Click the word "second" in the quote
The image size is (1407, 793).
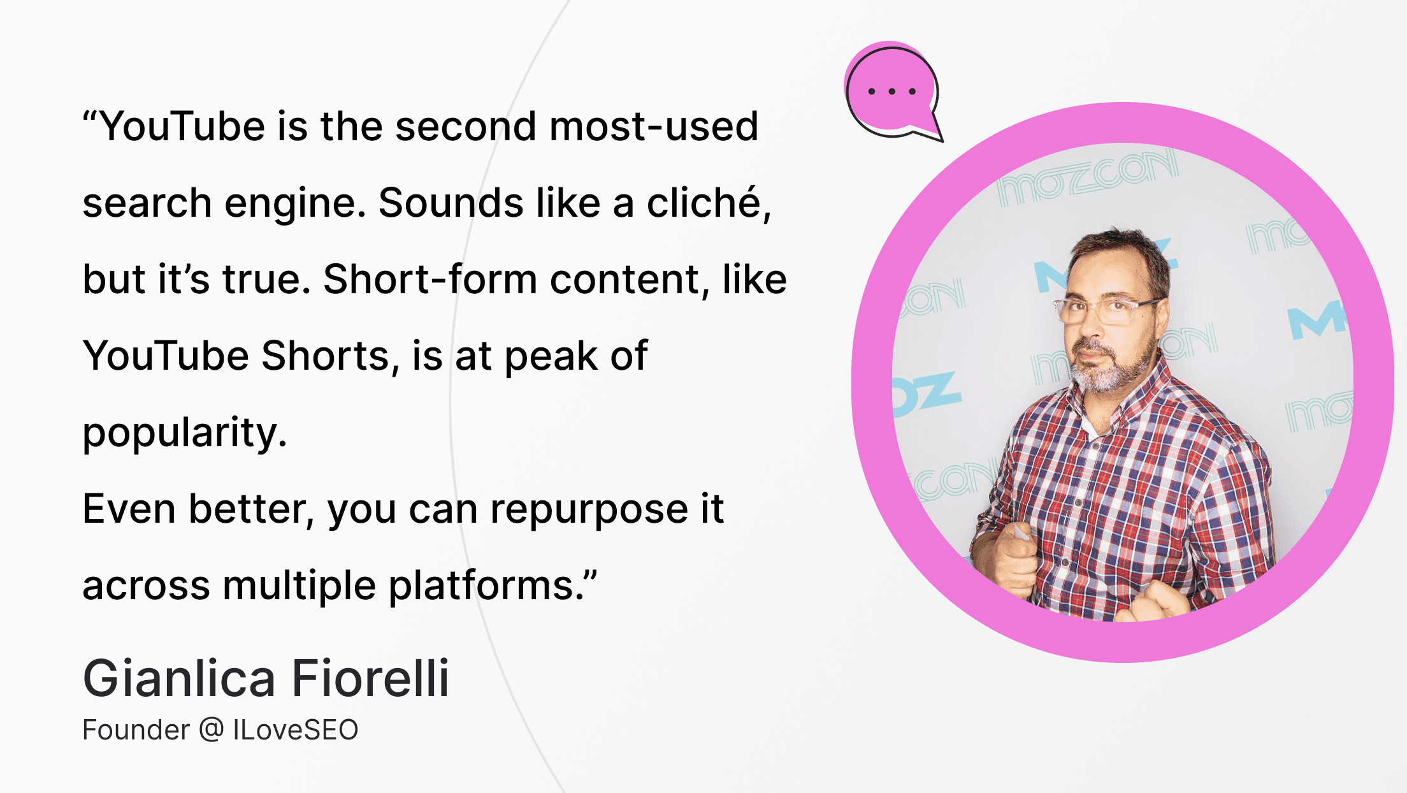pos(466,126)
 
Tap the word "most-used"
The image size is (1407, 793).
pos(654,126)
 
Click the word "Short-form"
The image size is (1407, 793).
pos(430,279)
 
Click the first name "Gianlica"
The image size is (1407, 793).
pos(179,678)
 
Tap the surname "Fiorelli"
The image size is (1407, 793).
pos(370,678)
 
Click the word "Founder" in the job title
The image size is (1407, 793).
pos(136,730)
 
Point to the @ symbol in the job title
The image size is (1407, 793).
pos(211,731)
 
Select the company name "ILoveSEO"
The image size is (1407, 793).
pos(296,730)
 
